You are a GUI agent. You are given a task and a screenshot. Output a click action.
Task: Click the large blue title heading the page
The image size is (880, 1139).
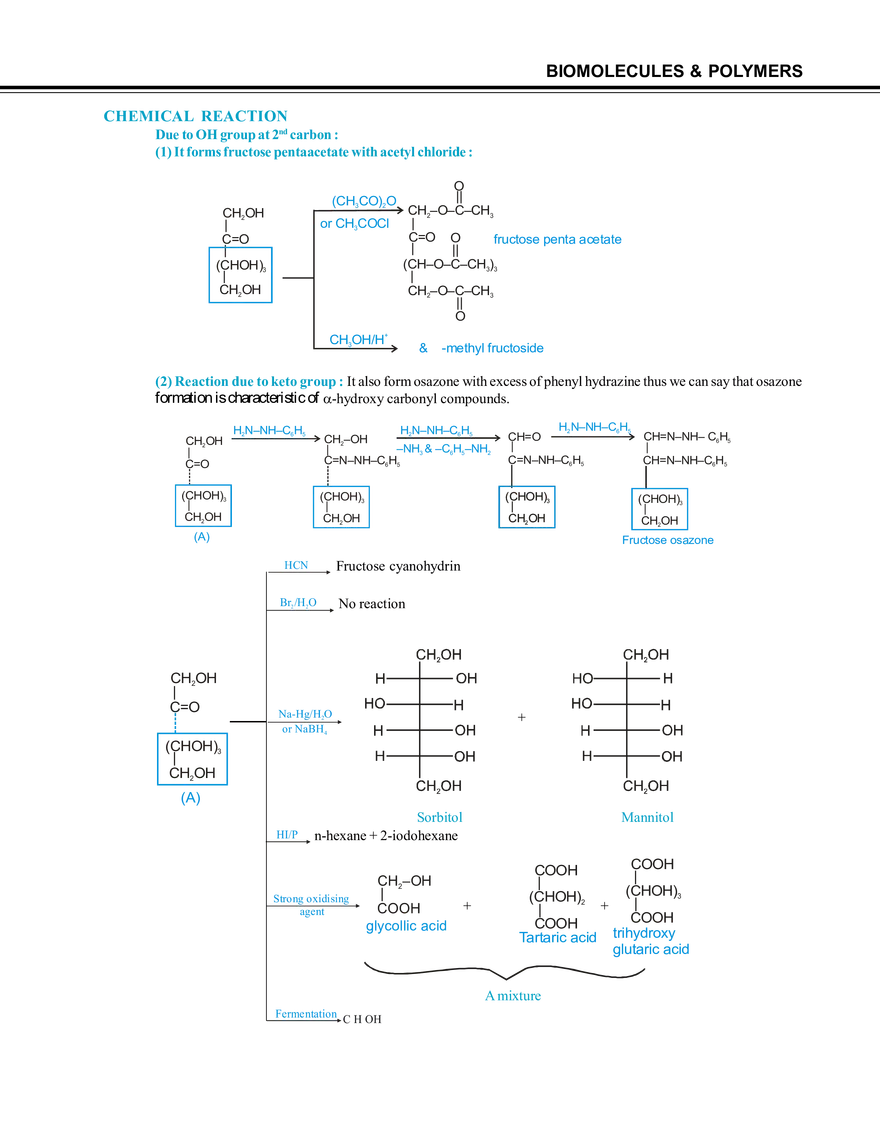(x=196, y=116)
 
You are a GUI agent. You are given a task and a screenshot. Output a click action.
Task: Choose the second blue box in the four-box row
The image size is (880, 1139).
(x=343, y=507)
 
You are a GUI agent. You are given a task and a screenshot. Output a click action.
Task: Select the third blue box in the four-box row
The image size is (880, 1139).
(x=525, y=507)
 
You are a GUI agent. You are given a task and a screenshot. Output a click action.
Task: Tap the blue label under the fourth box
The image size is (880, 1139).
(x=667, y=541)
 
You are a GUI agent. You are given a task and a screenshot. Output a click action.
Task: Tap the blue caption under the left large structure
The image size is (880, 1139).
(x=438, y=817)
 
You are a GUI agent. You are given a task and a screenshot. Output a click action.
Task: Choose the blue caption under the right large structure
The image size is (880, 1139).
(x=647, y=817)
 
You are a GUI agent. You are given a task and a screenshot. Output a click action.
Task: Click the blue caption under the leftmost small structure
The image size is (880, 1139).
(x=407, y=928)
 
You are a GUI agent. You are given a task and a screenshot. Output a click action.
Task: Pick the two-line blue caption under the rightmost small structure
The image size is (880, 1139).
(x=651, y=940)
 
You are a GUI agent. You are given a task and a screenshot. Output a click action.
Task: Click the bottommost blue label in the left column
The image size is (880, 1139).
(x=303, y=1013)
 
